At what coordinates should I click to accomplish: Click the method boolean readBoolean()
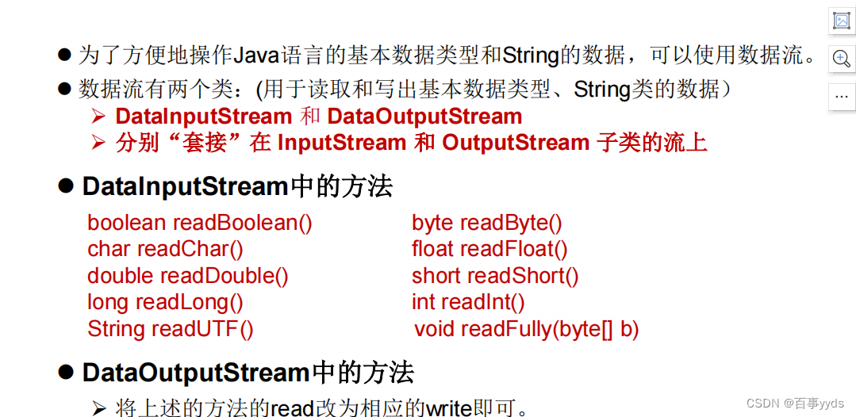click(200, 223)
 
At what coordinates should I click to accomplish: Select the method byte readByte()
click(486, 223)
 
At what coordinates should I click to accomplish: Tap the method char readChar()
click(165, 249)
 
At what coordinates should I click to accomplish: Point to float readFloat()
click(489, 249)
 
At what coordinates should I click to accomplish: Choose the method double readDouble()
click(188, 276)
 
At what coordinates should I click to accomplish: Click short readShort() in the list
click(495, 276)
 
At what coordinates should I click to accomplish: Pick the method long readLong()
click(165, 302)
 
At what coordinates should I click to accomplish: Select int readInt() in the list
click(468, 302)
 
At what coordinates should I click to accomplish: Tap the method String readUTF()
click(171, 329)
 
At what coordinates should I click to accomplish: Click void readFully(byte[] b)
click(526, 329)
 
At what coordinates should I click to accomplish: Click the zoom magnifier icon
click(842, 58)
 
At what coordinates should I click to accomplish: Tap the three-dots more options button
click(842, 96)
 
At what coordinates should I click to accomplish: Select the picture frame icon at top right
click(842, 21)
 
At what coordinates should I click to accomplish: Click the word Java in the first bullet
click(210, 55)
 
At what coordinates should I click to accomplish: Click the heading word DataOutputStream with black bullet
click(196, 372)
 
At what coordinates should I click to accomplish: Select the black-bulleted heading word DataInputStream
click(185, 186)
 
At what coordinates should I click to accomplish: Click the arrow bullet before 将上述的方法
click(98, 408)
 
